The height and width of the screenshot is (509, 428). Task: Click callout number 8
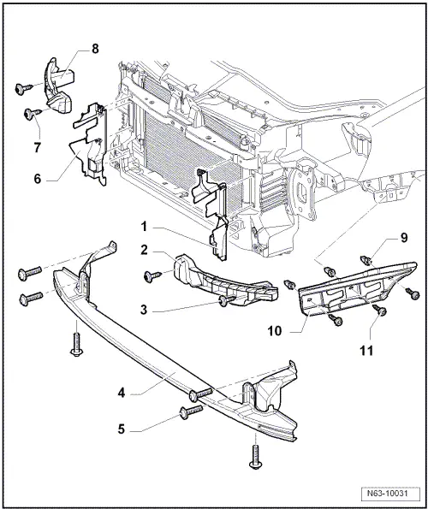[x=95, y=49]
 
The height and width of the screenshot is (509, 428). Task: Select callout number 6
[x=36, y=180]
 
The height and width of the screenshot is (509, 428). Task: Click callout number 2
[x=146, y=252]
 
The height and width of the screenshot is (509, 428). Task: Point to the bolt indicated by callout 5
[x=190, y=414]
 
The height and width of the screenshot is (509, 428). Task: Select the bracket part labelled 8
[x=57, y=86]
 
